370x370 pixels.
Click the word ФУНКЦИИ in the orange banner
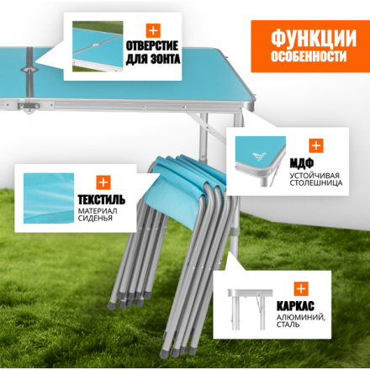coord(314,38)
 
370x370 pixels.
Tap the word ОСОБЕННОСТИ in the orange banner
coord(309,56)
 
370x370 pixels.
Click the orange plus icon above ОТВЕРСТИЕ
coord(153,30)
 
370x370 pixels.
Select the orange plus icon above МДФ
coord(316,145)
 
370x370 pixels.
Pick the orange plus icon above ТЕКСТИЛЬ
coord(103,182)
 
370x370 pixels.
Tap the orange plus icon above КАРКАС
coord(301,288)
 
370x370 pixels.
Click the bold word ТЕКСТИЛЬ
coord(101,200)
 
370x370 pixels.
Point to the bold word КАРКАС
coord(295,306)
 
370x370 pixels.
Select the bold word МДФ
coord(301,163)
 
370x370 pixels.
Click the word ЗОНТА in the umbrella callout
coord(166,59)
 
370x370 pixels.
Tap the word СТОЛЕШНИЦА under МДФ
coord(316,183)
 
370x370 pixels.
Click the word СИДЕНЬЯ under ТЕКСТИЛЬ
coord(95,219)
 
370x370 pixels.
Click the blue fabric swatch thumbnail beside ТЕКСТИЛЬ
coord(49,198)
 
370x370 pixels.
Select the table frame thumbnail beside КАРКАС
coord(250,310)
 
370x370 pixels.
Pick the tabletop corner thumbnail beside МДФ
coord(261,161)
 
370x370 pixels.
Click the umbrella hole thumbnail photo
coord(98,46)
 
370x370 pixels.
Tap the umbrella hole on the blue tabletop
coord(29,70)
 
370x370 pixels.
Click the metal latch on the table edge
coord(29,107)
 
